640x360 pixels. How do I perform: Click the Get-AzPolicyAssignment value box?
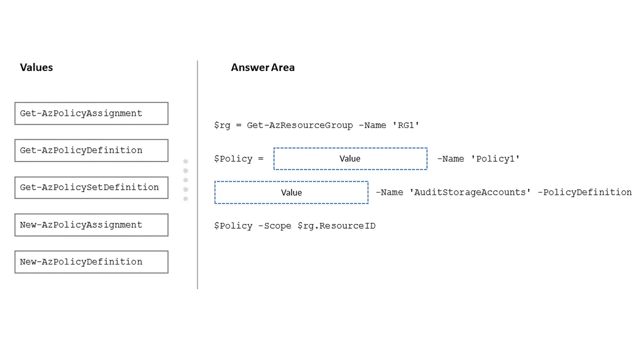(91, 114)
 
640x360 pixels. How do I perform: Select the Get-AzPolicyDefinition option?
(91, 150)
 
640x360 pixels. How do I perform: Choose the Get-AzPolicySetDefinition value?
(91, 188)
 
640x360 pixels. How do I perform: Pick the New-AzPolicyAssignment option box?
(91, 225)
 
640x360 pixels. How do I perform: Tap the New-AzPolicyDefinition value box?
(91, 262)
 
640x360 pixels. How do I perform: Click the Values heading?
(36, 67)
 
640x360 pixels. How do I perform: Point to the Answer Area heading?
(262, 67)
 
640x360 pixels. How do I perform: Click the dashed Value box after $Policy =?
(350, 159)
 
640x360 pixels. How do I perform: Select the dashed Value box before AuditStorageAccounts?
(291, 193)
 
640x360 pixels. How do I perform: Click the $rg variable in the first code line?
(222, 126)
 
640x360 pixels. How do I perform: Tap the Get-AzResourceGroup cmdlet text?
(300, 126)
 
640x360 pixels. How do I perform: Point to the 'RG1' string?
(406, 125)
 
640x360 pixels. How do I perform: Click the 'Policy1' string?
(495, 159)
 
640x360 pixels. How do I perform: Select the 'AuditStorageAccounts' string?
(470, 193)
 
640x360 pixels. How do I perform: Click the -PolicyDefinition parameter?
(585, 193)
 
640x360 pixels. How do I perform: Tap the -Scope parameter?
(275, 226)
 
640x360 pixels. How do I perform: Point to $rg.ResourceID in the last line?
(337, 226)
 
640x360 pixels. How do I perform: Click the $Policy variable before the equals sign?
(233, 159)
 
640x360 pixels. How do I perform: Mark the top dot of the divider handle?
(186, 162)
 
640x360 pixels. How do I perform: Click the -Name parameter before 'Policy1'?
(451, 159)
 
